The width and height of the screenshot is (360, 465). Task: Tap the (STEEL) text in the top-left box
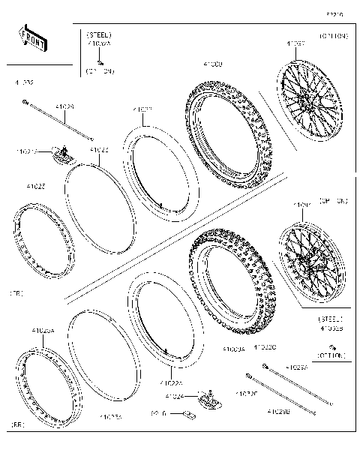pyautogui.click(x=99, y=35)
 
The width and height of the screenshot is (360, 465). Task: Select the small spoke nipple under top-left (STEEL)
pyautogui.click(x=99, y=61)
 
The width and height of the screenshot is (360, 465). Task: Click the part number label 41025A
pyautogui.click(x=43, y=330)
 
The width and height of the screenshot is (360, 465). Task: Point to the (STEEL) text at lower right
pyautogui.click(x=330, y=319)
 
